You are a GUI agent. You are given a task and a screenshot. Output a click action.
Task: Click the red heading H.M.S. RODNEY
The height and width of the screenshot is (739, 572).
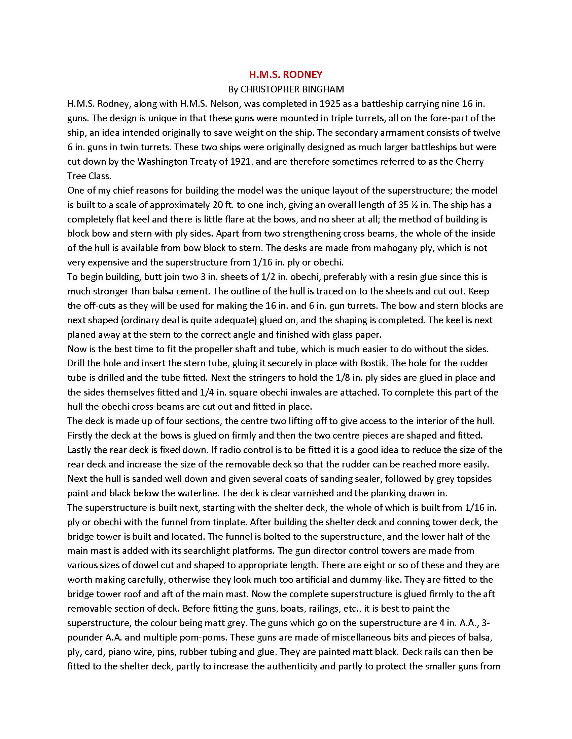coord(286,75)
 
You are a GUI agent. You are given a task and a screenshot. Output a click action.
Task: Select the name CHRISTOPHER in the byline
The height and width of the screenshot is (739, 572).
coord(267,89)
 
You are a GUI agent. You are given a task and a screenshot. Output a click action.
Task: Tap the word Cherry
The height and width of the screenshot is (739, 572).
coord(470,161)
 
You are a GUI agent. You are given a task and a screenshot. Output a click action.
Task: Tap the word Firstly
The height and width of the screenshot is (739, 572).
coord(81,435)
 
